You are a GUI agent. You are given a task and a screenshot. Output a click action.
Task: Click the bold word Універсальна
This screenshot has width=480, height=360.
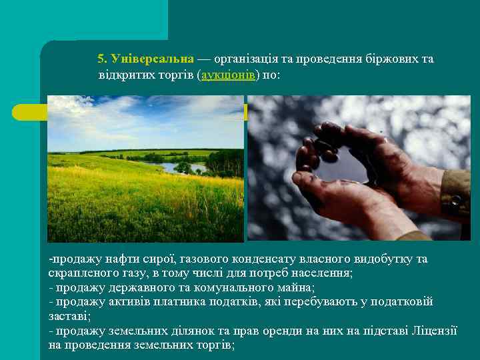153,59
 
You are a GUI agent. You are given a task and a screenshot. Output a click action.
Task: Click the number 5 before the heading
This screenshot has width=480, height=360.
101,59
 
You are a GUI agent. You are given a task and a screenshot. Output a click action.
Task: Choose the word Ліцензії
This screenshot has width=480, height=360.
433,331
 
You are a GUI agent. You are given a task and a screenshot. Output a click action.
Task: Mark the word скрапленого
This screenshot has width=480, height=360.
79,273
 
